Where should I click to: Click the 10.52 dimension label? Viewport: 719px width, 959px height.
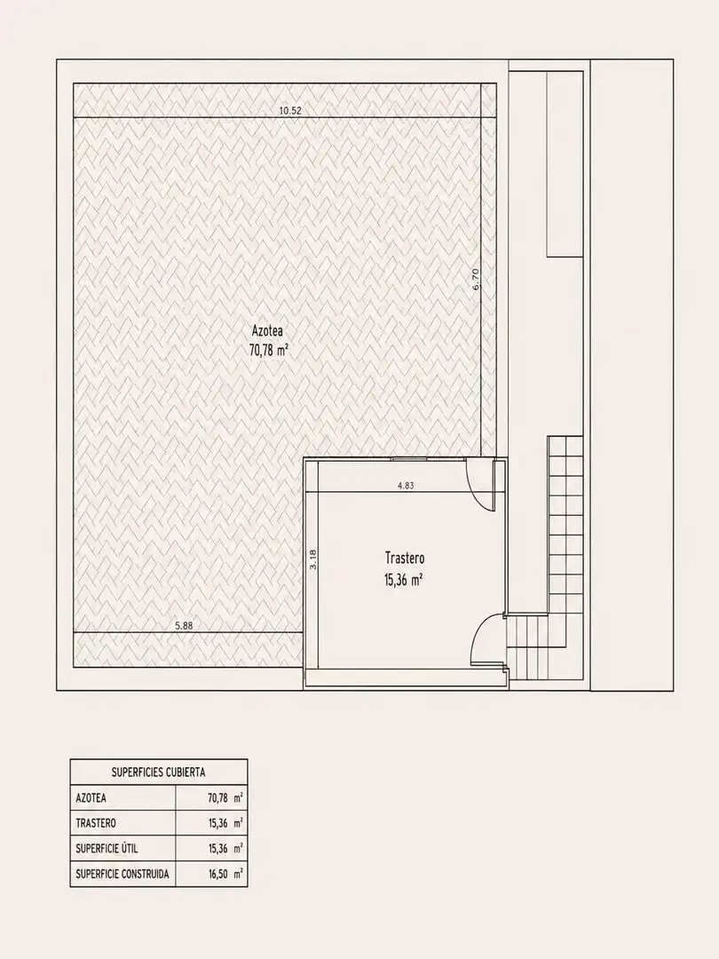(290, 111)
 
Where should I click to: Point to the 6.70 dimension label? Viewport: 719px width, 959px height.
(477, 278)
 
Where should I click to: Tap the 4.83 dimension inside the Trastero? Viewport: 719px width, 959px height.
(406, 486)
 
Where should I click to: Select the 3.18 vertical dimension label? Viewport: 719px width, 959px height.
(313, 559)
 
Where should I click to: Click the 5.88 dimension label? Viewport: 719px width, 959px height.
(184, 625)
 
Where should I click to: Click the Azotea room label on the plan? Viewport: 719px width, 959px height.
(267, 331)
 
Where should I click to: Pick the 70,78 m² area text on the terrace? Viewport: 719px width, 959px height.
(269, 351)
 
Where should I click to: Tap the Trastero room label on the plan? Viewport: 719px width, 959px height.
(405, 558)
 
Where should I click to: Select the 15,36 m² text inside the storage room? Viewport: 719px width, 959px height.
(404, 579)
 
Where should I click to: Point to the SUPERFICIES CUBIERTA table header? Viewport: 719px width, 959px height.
(158, 773)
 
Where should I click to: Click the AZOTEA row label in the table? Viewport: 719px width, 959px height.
(91, 798)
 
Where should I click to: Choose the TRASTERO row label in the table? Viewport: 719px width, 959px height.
(96, 823)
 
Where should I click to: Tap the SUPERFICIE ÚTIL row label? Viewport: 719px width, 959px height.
(107, 848)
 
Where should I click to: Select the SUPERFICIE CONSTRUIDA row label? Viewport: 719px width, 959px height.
(122, 874)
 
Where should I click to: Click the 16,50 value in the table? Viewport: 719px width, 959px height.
(218, 874)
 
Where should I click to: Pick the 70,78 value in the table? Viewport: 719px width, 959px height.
(218, 798)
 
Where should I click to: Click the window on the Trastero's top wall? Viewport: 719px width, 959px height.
(408, 459)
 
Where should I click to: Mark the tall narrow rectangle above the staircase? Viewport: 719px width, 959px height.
(565, 164)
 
